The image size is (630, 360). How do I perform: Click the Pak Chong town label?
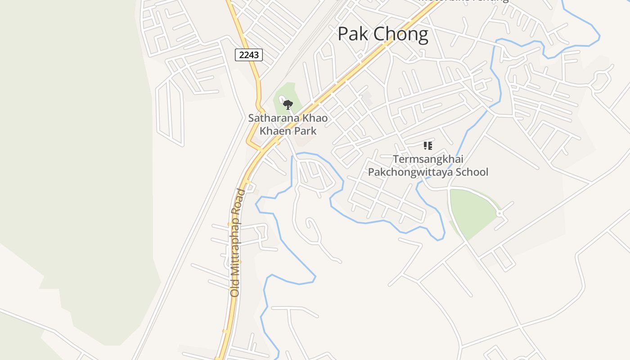[382, 35]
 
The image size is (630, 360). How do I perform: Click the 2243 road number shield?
[249, 55]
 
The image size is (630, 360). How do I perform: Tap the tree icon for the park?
[288, 105]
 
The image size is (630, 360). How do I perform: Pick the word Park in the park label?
[303, 131]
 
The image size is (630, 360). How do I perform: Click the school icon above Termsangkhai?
[427, 145]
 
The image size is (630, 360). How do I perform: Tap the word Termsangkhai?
[428, 159]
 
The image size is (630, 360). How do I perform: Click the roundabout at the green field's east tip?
[499, 213]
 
